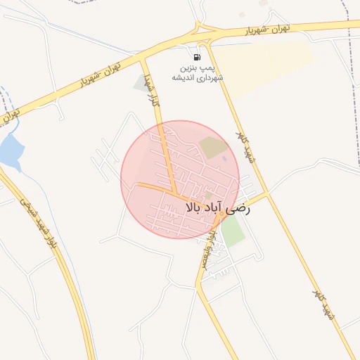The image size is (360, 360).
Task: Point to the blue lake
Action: pyautogui.click(x=10, y=150)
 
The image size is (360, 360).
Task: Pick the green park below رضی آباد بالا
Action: pyautogui.click(x=233, y=231)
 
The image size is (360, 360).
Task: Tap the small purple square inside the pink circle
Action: pyautogui.click(x=225, y=157)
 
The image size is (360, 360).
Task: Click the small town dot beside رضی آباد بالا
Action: pyautogui.click(x=209, y=195)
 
